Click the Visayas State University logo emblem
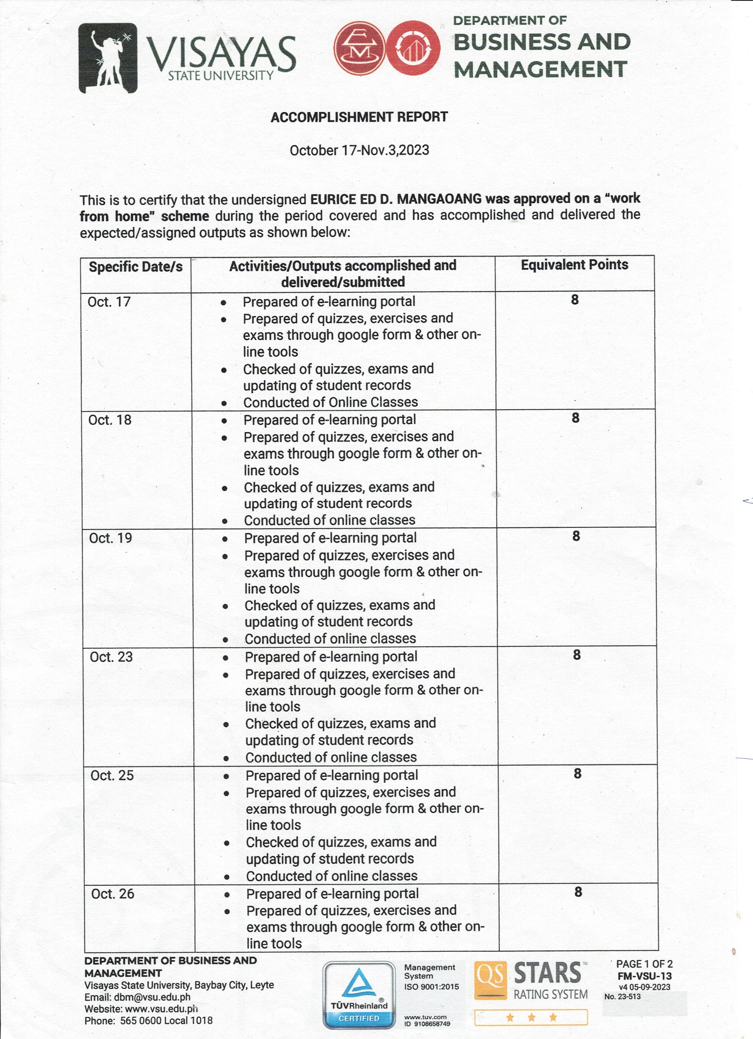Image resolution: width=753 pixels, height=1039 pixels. pos(108,58)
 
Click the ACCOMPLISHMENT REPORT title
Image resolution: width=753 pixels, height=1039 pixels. pos(359,117)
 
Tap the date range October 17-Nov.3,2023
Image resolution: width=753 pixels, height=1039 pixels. pos(359,150)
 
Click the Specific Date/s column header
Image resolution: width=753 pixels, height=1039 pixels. pos(136,267)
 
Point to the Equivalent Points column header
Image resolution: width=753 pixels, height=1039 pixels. pos(574,265)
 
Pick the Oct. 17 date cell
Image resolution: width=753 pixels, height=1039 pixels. pos(109,302)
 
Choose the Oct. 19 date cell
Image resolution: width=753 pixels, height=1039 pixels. pos(110,538)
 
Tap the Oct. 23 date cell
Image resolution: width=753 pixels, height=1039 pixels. pos(111,657)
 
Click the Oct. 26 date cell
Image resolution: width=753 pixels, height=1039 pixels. pos(113,894)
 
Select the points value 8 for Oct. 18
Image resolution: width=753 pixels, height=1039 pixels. pos(575,418)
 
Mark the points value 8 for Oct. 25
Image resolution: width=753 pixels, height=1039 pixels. pos(578,774)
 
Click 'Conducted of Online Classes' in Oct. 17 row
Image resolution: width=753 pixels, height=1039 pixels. pos(330,402)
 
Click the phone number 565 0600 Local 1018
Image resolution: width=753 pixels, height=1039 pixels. pos(166,1021)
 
